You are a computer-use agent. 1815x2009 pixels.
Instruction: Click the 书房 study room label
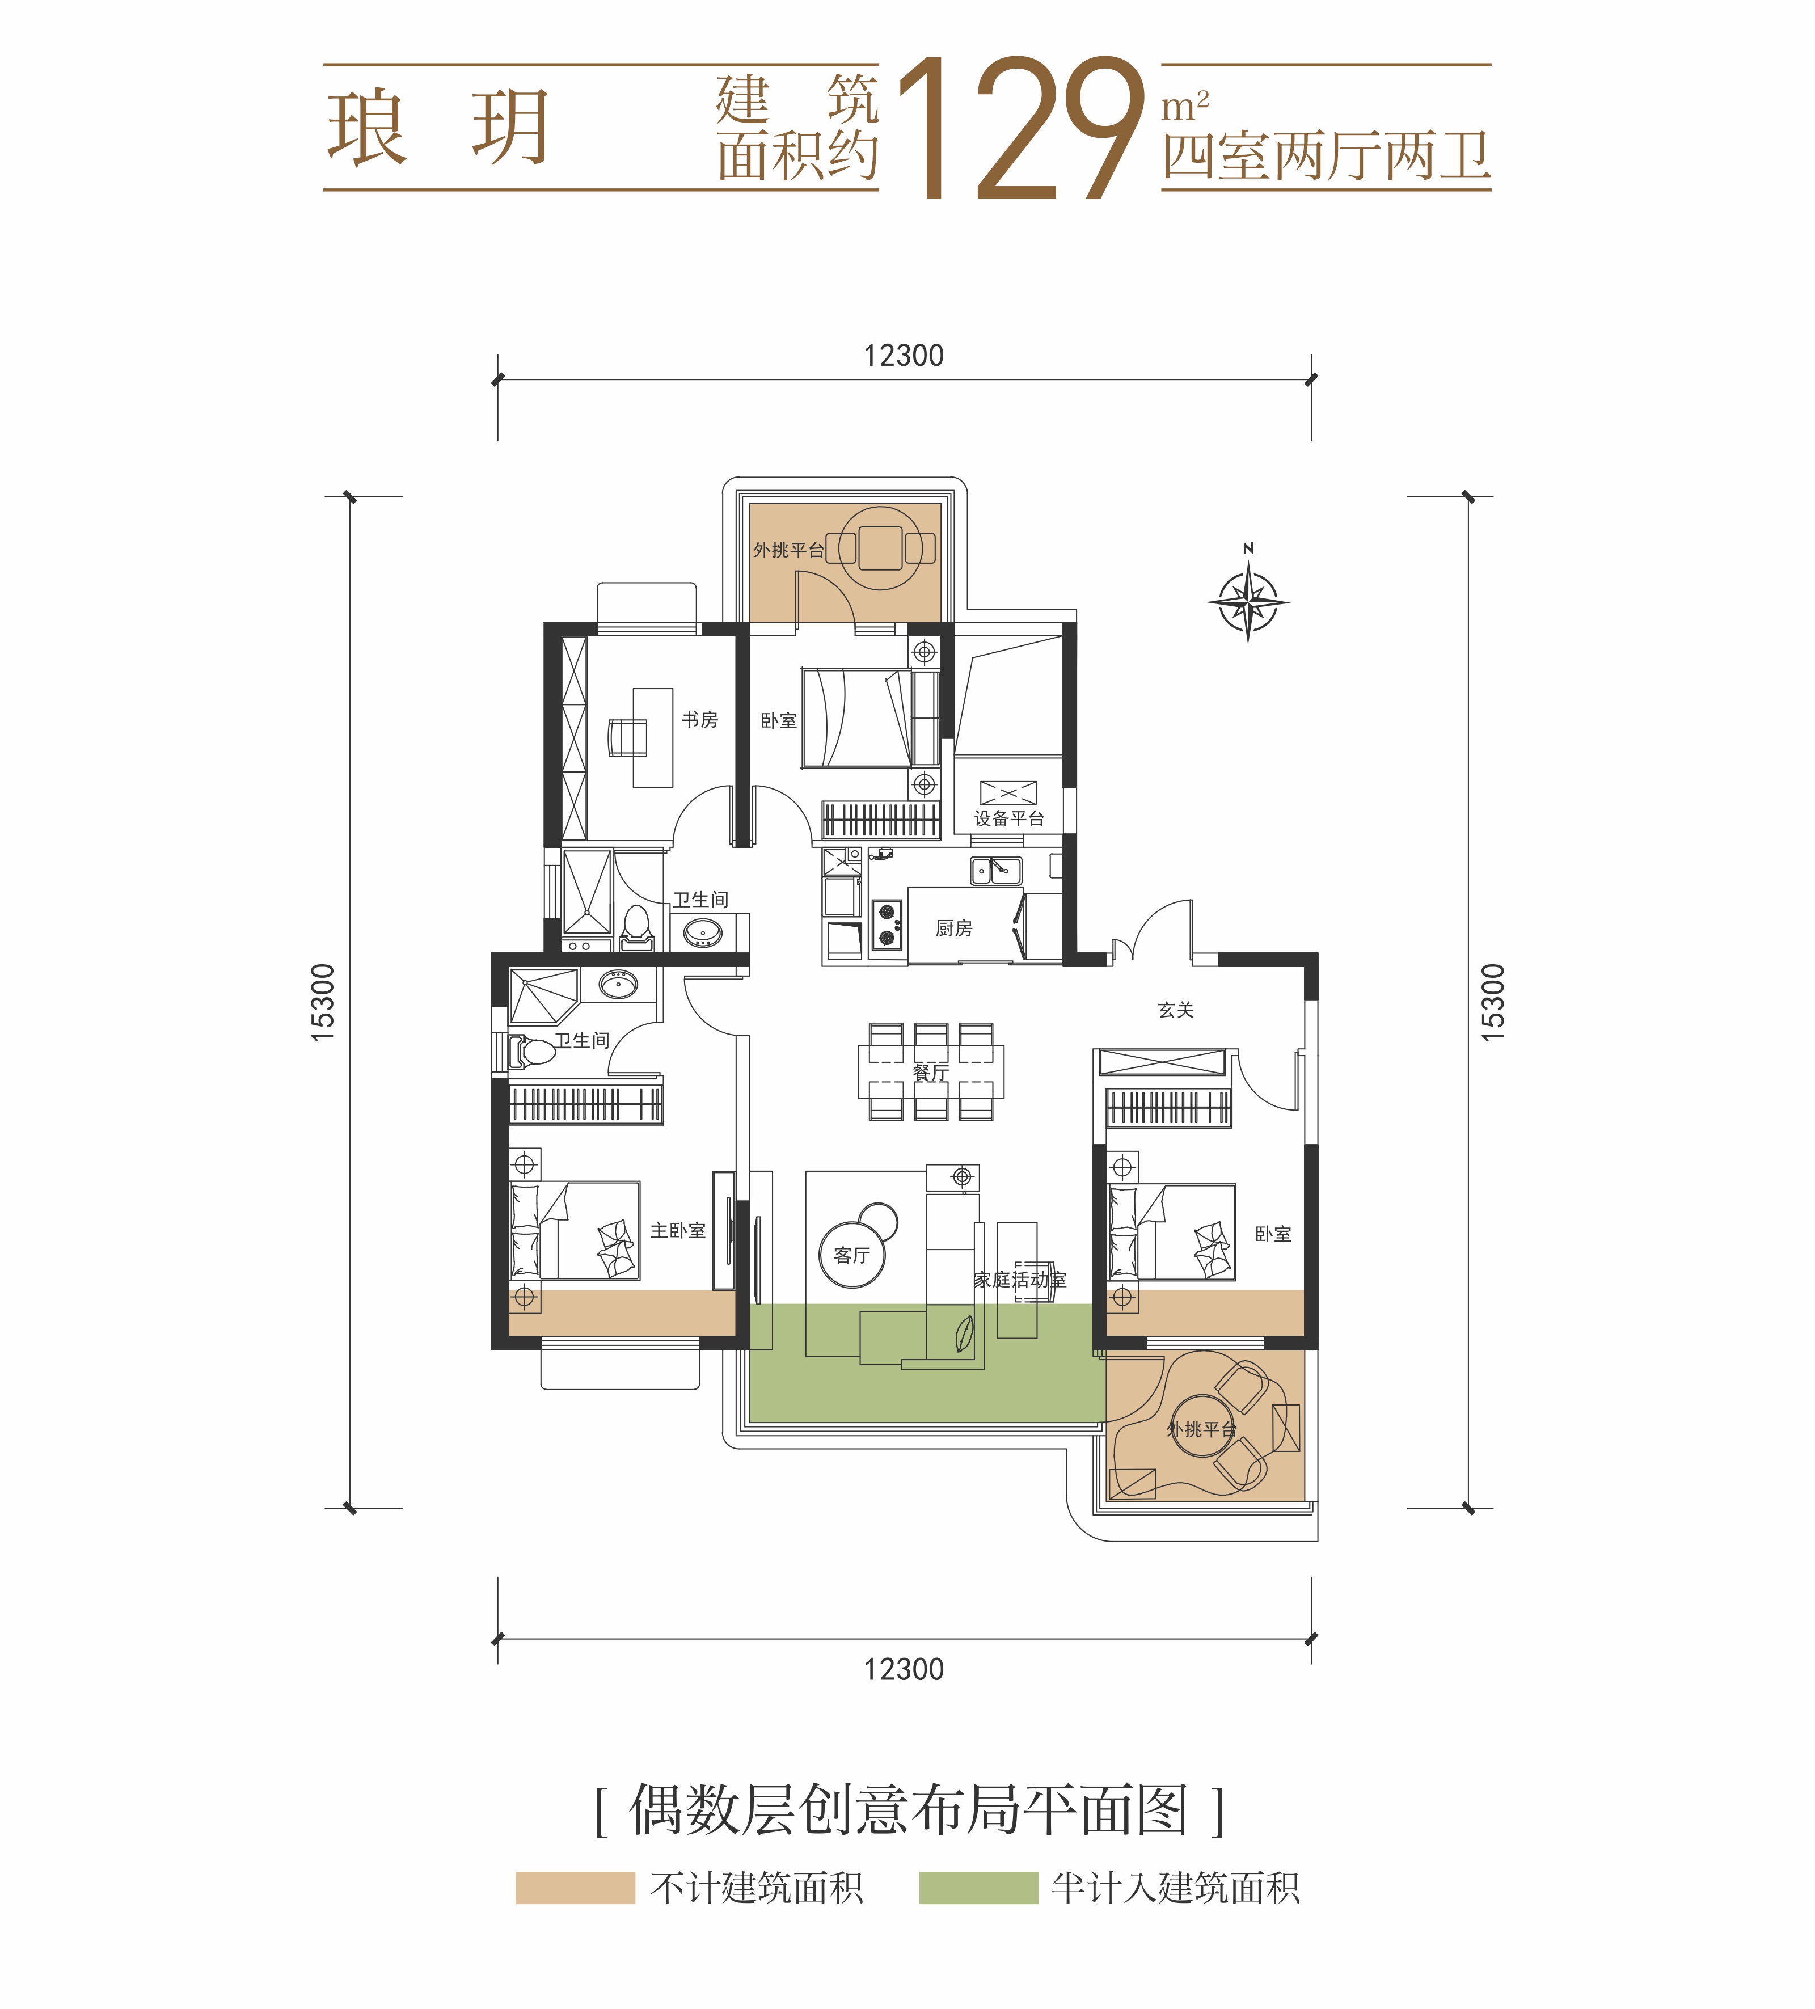click(x=700, y=720)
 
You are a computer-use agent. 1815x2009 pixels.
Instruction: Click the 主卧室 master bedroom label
click(x=678, y=1231)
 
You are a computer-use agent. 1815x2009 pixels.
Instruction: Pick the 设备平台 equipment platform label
click(x=1008, y=819)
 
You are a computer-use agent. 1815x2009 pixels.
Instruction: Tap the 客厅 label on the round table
click(x=851, y=1256)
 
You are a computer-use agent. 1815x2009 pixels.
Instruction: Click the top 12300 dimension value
click(x=903, y=356)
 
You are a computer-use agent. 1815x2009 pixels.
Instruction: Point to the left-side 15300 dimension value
click(x=323, y=1003)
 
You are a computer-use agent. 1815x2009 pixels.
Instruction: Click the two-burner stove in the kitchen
click(x=886, y=925)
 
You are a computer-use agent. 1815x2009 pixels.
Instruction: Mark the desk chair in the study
click(x=627, y=737)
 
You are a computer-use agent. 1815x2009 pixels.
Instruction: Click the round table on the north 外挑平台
click(x=880, y=547)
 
